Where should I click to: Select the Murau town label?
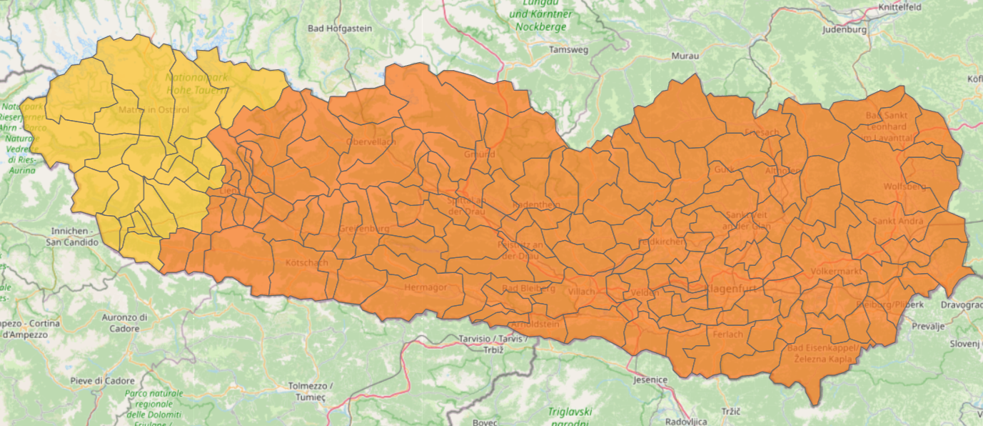[685, 56]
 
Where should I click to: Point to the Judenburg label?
[844, 30]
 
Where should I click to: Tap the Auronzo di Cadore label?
[124, 322]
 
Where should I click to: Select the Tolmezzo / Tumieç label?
[311, 391]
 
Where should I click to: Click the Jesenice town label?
[650, 380]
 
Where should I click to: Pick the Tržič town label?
[730, 412]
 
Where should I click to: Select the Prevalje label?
[928, 326]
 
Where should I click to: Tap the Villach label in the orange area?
[581, 292]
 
